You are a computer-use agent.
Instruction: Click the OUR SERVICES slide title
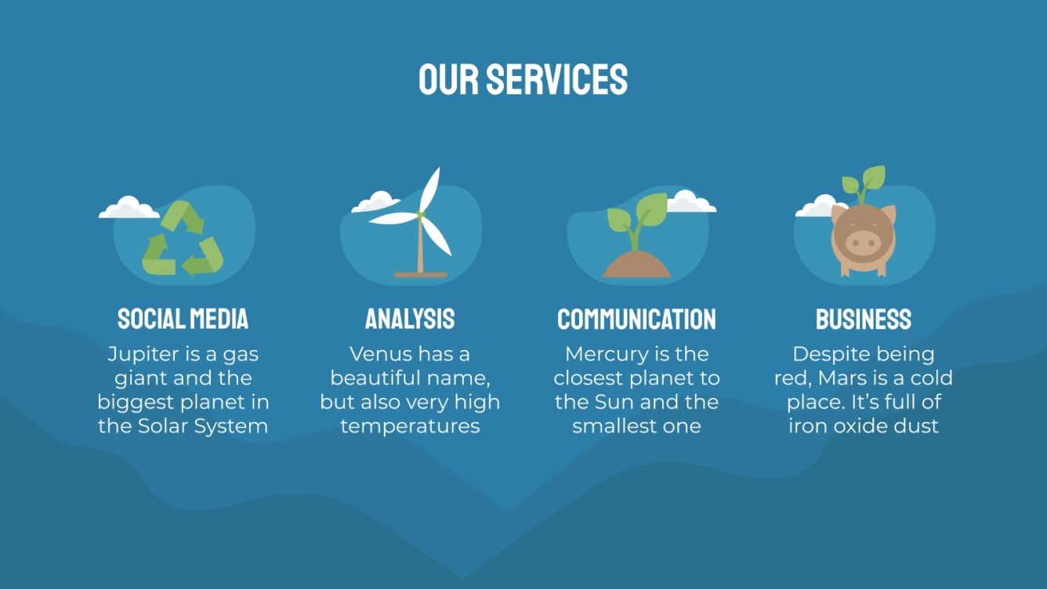coord(523,80)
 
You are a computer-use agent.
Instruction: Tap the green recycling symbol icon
coord(183,239)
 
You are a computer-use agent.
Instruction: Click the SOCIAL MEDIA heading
coord(183,319)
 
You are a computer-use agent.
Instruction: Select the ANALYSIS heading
coord(410,319)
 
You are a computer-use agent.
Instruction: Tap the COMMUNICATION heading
coord(636,319)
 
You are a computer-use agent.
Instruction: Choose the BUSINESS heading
coord(864,319)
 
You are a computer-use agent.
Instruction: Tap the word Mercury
coord(608,355)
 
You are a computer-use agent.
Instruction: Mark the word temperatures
coord(410,427)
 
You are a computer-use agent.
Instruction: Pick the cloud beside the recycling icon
coord(129,208)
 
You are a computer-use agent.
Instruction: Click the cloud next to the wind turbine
coord(375,202)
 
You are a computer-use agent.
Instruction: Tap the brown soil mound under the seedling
coord(636,266)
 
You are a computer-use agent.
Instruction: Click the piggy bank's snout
coord(863,242)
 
